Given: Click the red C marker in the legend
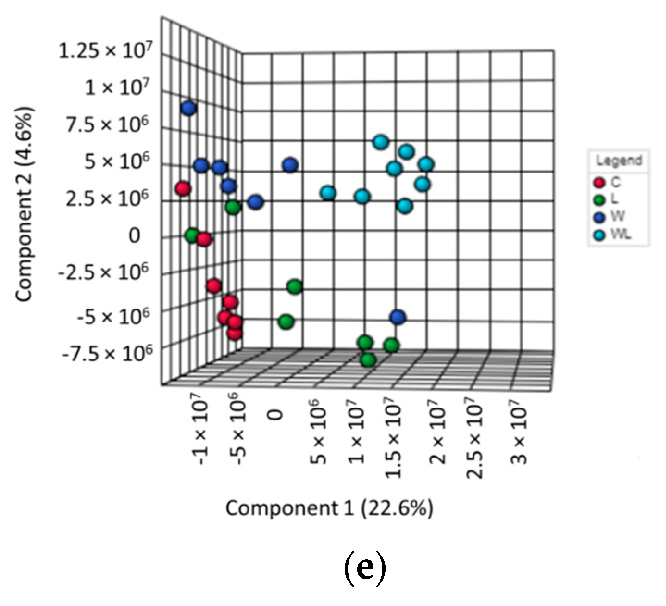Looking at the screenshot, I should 600,182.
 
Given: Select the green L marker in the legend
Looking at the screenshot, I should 600,200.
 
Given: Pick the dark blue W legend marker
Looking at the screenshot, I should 600,217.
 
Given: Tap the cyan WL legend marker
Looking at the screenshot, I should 600,235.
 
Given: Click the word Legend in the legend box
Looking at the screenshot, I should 619,161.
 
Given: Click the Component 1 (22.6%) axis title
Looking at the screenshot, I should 329,508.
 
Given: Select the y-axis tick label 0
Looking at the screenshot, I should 134,235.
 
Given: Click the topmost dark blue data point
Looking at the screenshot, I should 189,108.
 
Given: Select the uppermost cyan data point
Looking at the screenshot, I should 380,142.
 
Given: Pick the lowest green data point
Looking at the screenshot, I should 368,360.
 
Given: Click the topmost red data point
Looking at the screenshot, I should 183,189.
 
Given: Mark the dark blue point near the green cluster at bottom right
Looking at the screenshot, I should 398,317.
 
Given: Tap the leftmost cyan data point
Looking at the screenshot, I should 328,192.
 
